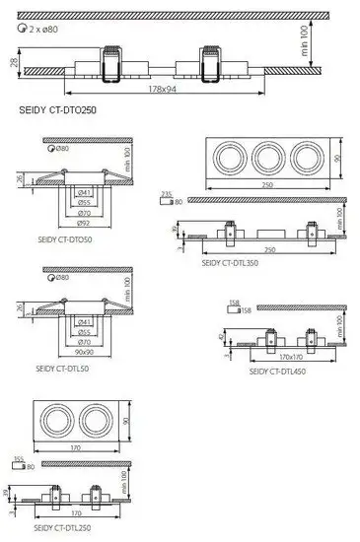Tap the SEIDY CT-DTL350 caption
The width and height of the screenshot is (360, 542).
tap(230, 263)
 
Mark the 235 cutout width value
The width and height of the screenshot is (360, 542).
tap(166, 194)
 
